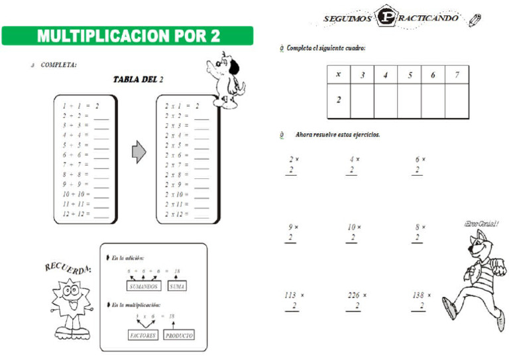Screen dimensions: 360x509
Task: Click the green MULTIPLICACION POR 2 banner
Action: tap(127, 36)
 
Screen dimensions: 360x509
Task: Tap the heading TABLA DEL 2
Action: tap(138, 80)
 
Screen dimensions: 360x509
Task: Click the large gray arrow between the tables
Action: tap(139, 152)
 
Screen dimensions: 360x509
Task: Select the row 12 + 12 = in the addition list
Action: tap(85, 214)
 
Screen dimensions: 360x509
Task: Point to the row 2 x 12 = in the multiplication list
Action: tap(186, 214)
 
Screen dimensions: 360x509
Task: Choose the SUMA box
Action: tap(177, 286)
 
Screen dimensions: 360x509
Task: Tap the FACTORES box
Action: tap(143, 335)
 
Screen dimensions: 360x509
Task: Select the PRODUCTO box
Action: tap(179, 335)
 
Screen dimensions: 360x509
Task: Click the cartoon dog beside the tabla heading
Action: tap(225, 80)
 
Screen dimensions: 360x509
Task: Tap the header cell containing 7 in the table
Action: tap(457, 75)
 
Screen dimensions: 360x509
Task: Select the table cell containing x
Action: tap(339, 75)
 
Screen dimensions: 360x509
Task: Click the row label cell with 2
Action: tap(339, 101)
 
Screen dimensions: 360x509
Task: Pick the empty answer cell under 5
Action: tap(410, 101)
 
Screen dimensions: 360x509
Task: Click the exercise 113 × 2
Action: tap(293, 300)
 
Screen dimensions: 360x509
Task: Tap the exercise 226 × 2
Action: tap(357, 300)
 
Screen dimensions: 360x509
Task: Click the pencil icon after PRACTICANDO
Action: tap(475, 21)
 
